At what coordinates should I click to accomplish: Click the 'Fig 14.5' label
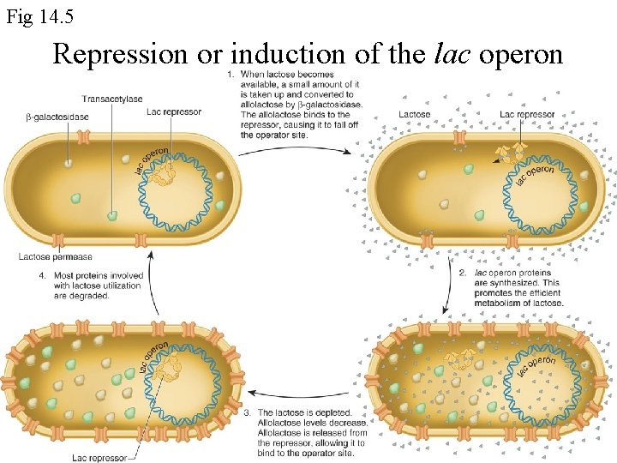(34, 15)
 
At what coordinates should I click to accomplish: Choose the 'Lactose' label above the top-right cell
(415, 114)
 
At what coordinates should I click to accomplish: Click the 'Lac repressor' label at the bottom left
(99, 458)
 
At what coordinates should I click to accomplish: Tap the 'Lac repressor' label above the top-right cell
(527, 114)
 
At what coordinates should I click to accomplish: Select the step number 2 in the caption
(464, 273)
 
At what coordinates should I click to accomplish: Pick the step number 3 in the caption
(248, 413)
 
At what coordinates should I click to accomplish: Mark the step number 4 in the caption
(42, 276)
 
